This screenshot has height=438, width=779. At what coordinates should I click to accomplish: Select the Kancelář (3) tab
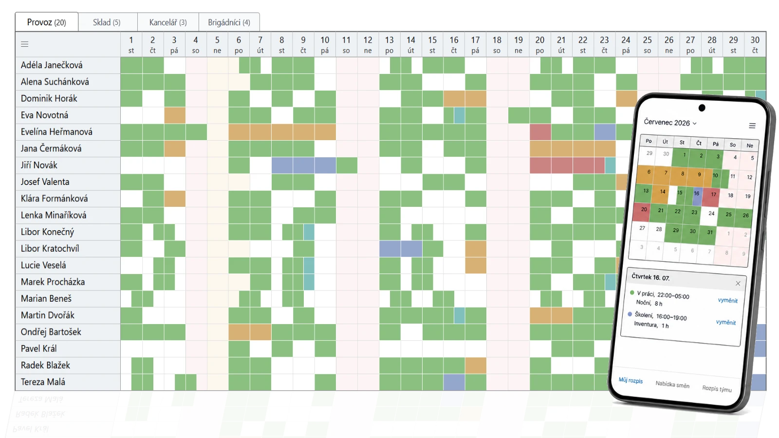(168, 22)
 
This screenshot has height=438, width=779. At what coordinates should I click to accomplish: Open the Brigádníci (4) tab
(229, 22)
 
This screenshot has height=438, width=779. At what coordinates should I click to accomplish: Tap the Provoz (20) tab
(47, 22)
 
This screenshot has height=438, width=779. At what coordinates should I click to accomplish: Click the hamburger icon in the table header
(24, 44)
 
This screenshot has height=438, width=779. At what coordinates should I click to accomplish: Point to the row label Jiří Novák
(39, 165)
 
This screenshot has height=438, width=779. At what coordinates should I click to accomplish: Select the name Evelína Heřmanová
(56, 132)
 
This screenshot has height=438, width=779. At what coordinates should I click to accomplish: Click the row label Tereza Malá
(43, 382)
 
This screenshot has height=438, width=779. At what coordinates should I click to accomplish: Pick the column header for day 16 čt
(454, 44)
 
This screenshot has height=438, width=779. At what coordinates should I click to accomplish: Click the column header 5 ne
(217, 44)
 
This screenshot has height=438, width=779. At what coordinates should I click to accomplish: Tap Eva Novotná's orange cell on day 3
(175, 115)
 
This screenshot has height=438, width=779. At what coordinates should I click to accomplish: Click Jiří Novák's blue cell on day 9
(303, 165)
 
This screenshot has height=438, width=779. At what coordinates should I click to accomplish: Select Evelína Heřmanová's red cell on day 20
(540, 132)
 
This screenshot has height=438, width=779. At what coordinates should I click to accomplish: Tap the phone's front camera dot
(702, 108)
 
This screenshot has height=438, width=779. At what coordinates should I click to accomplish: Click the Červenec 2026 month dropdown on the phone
(670, 123)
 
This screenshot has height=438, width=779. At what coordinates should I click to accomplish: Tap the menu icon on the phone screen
(752, 126)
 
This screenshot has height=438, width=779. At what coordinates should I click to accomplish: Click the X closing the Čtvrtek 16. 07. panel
(738, 283)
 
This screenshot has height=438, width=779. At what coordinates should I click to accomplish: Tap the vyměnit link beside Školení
(726, 322)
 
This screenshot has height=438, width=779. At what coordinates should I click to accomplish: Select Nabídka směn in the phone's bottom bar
(672, 384)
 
